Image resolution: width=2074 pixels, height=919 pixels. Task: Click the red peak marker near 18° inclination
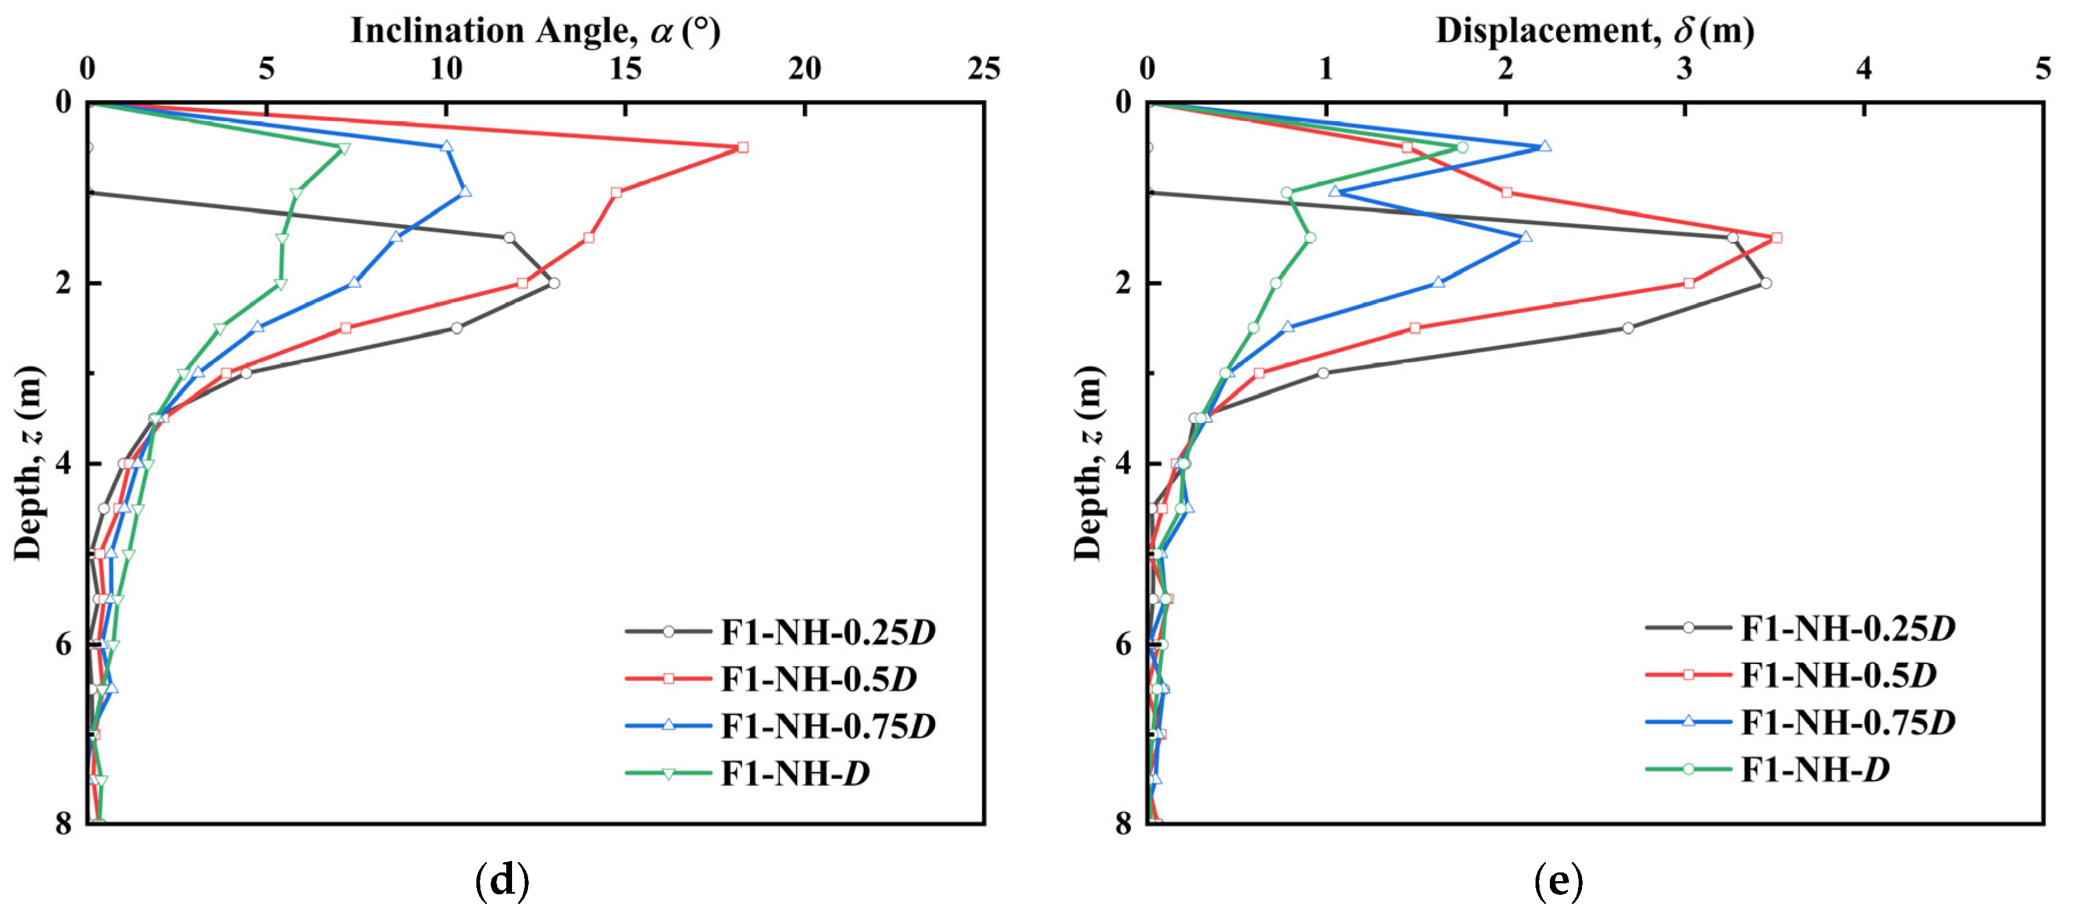click(742, 147)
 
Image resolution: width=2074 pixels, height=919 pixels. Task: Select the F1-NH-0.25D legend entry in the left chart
click(827, 632)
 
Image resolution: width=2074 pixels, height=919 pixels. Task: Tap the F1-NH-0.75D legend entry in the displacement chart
click(1847, 722)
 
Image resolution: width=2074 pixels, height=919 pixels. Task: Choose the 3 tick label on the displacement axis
click(1685, 71)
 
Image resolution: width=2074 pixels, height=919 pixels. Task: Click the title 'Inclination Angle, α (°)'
click(536, 30)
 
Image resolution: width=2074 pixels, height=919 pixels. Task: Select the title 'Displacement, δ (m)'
click(1594, 30)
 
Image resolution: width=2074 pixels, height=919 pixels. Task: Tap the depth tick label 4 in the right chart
click(1124, 464)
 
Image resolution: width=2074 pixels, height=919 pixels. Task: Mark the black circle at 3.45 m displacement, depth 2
click(1765, 283)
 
